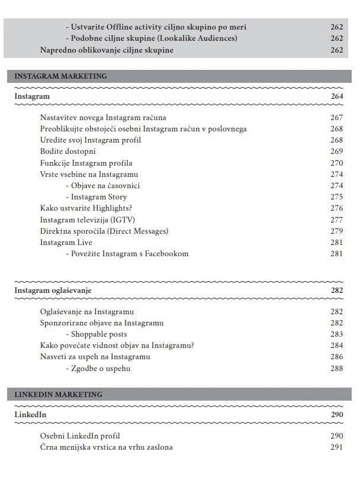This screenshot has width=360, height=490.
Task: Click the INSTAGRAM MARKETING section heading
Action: tap(60, 76)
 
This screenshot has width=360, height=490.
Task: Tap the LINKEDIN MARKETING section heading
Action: tap(58, 395)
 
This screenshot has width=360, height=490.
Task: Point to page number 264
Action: tap(336, 96)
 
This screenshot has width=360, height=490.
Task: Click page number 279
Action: tap(336, 231)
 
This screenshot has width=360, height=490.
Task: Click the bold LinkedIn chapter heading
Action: tap(30, 415)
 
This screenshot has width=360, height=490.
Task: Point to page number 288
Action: tap(336, 369)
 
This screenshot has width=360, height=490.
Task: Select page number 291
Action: tap(336, 447)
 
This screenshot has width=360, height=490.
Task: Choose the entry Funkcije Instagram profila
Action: tap(86, 163)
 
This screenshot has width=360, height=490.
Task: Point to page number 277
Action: tap(336, 220)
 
